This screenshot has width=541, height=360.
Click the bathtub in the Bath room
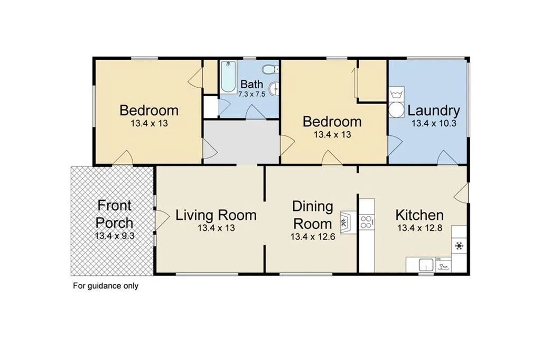click(228, 77)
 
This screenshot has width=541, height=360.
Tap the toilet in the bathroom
click(269, 69)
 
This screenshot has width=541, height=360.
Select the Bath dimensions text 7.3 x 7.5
click(252, 94)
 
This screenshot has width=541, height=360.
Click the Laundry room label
click(434, 111)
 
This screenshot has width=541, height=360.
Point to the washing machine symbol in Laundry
click(396, 94)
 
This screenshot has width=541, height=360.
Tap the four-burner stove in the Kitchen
click(367, 222)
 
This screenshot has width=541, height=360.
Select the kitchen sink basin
click(426, 265)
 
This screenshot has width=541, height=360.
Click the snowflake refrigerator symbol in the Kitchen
click(459, 246)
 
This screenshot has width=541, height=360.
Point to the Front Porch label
click(115, 214)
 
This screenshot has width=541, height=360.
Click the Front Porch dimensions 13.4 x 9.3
click(115, 236)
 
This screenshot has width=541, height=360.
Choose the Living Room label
click(216, 215)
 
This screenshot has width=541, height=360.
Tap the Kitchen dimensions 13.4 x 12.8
click(419, 228)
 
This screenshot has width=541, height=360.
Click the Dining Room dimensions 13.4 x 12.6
click(313, 236)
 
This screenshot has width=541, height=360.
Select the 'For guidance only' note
click(106, 286)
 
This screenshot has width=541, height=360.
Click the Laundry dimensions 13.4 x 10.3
click(434, 123)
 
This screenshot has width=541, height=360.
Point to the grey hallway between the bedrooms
click(241, 142)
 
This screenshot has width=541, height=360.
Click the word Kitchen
click(419, 215)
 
